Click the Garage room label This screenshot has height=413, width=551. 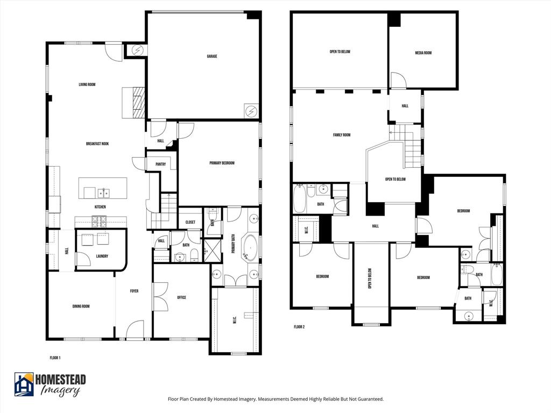212,56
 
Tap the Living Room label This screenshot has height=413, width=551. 87,84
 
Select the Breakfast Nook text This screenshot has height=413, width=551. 97,144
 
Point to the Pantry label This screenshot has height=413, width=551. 160,165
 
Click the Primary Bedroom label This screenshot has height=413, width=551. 222,163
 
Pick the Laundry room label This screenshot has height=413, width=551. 102,256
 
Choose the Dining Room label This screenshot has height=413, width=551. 81,307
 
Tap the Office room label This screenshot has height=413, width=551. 181,297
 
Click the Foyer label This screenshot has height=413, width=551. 134,291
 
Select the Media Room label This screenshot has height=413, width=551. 423,53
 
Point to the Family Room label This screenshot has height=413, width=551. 342,135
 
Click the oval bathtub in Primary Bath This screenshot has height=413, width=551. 250,247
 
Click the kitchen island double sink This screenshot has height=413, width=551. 104,193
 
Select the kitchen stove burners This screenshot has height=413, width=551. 100,219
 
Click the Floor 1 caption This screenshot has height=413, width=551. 55,357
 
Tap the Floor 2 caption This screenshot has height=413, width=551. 299,326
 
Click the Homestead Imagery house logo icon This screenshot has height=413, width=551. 24,384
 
